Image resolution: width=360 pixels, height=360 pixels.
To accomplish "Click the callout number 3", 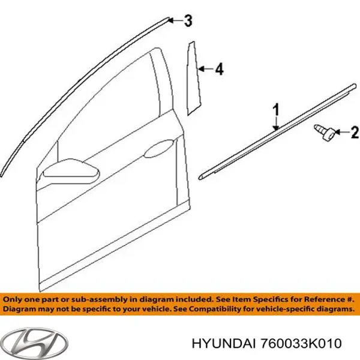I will [x=188, y=22].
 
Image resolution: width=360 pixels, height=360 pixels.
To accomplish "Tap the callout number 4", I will [x=219, y=71].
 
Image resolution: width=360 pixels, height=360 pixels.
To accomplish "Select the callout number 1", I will [x=276, y=110].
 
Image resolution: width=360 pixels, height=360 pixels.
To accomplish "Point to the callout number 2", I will [x=354, y=131].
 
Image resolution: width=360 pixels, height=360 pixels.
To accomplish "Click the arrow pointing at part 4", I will [x=205, y=70].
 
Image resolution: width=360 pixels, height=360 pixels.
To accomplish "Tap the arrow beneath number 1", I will [x=275, y=122].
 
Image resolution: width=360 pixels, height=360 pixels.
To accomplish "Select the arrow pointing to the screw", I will [x=340, y=131].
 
